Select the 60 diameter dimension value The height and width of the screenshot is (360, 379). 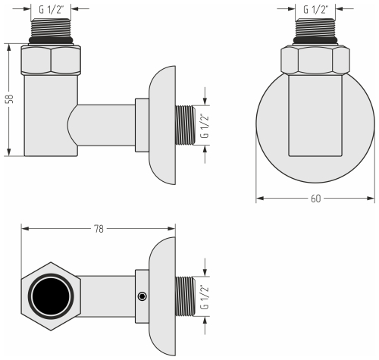[315, 199]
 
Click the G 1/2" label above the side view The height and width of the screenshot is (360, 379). [51, 9]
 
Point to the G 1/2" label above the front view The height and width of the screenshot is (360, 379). [315, 9]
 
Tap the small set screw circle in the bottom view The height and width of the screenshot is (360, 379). [142, 296]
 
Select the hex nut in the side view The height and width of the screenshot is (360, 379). [51, 60]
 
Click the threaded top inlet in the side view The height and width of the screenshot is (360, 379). [51, 31]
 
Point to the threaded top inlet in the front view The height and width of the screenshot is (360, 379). [315, 31]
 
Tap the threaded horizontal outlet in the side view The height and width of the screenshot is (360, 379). [183, 127]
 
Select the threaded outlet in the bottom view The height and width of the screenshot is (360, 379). [183, 296]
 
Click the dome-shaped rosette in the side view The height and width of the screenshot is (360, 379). [161, 127]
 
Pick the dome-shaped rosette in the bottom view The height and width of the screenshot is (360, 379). [161, 296]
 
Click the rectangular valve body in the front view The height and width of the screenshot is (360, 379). [315, 121]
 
